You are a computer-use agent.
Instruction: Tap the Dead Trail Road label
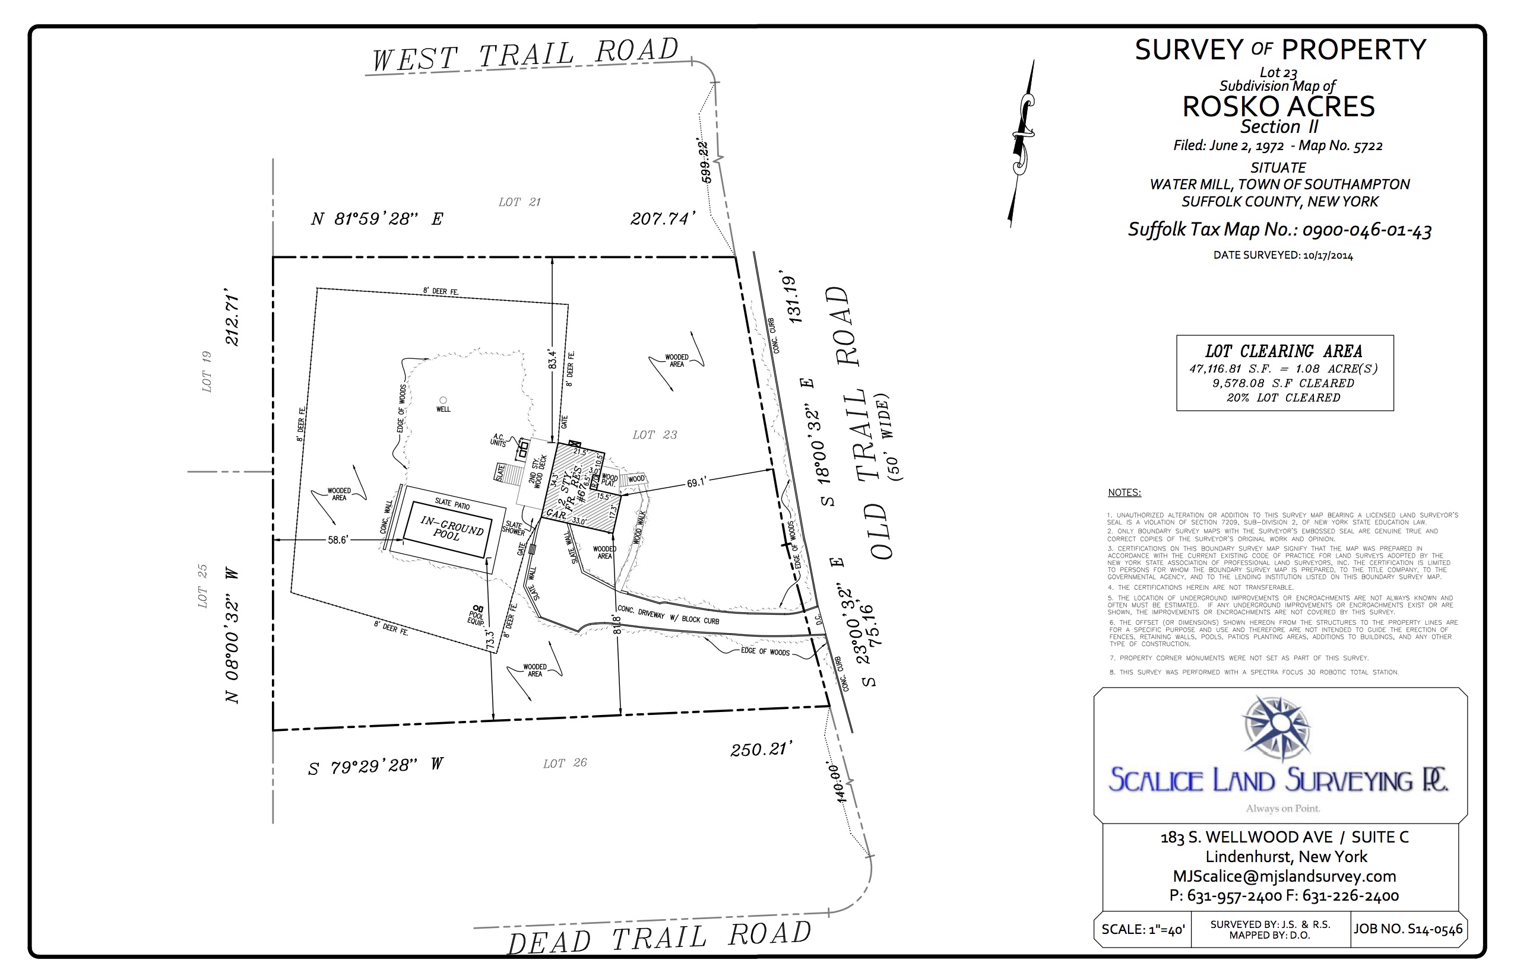pyautogui.click(x=659, y=938)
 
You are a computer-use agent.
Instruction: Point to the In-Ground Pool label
pyautogui.click(x=451, y=528)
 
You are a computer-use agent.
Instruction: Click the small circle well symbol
pyautogui.click(x=444, y=400)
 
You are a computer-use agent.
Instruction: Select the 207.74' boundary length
pyautogui.click(x=663, y=219)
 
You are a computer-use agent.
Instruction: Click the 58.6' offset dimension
pyautogui.click(x=338, y=540)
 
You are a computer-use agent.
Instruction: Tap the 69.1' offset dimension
pyautogui.click(x=696, y=483)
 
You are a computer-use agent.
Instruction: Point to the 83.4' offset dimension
pyautogui.click(x=552, y=359)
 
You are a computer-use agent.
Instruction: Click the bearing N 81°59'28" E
pyautogui.click(x=377, y=219)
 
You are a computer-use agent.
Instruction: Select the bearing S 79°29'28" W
pyautogui.click(x=376, y=767)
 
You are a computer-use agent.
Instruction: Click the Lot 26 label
pyautogui.click(x=565, y=763)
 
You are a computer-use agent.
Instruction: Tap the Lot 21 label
pyautogui.click(x=519, y=202)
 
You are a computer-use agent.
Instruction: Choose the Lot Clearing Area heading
pyautogui.click(x=1284, y=351)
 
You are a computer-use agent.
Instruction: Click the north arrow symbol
pyautogui.click(x=1022, y=143)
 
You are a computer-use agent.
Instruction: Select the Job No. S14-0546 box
pyautogui.click(x=1408, y=929)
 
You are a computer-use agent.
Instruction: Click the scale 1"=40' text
pyautogui.click(x=1142, y=929)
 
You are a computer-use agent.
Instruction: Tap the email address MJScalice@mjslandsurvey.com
pyautogui.click(x=1284, y=876)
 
